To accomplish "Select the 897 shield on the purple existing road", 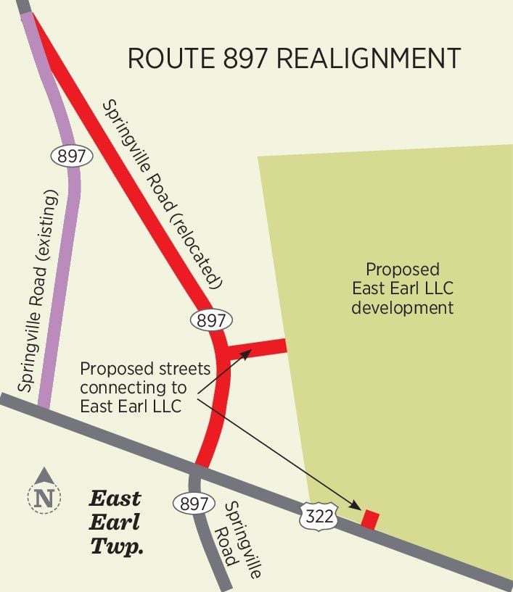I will tap(70, 155).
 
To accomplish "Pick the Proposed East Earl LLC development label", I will tap(402, 288).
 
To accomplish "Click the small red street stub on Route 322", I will tap(370, 519).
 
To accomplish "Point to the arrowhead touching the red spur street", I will tap(246, 353).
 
